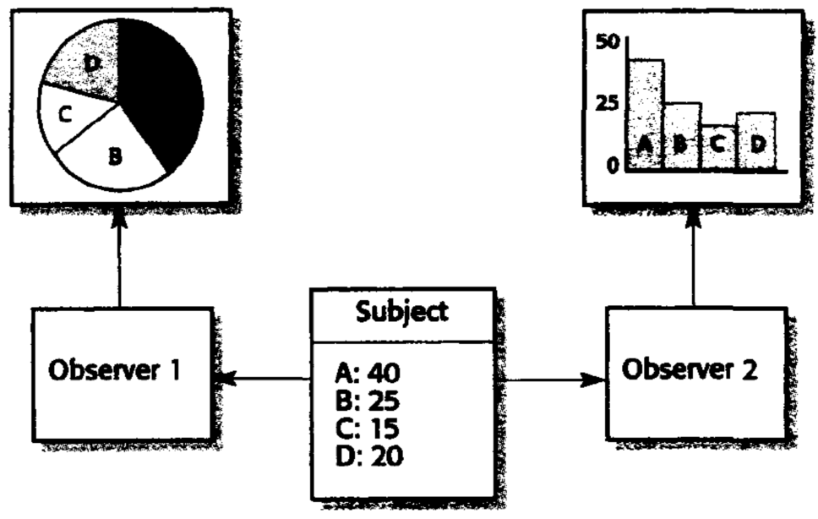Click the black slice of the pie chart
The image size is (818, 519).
pos(165,93)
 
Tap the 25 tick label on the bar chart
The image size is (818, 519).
pos(608,103)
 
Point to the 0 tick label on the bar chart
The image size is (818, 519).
pos(613,165)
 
